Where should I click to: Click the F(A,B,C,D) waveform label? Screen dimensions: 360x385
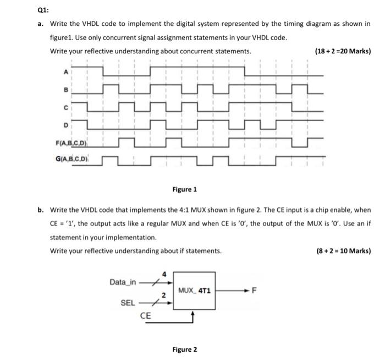(73, 144)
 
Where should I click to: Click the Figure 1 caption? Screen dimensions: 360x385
(184, 189)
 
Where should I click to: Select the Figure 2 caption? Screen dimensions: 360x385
(184, 349)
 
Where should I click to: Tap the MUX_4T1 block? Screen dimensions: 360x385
(194, 290)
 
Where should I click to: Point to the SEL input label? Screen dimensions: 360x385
(128, 303)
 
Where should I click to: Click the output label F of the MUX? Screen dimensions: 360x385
(254, 290)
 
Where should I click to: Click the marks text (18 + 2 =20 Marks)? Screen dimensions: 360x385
(343, 51)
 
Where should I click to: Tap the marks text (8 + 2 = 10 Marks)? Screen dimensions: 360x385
(344, 251)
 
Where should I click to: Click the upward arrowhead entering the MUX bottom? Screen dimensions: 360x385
(193, 313)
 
